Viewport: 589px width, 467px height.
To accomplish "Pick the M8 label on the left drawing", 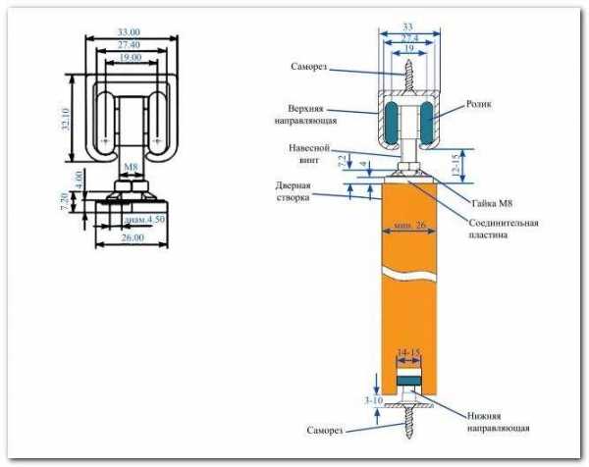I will point(130,167).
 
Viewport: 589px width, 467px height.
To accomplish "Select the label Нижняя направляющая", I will point(498,422).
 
